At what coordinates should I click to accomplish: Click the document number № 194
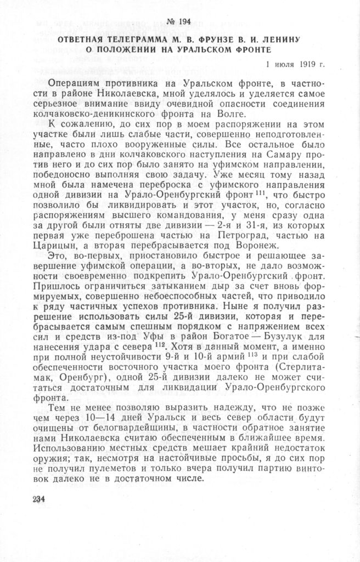180,21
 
